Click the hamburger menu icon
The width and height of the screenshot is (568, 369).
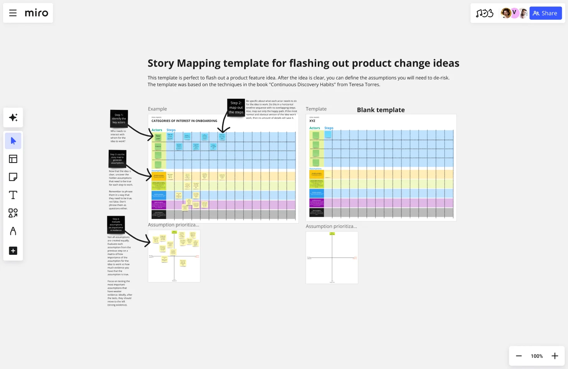pyautogui.click(x=13, y=13)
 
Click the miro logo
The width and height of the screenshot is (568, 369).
pyautogui.click(x=36, y=13)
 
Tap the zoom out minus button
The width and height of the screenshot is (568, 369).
pyautogui.click(x=518, y=356)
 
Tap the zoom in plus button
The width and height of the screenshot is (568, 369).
pyautogui.click(x=555, y=356)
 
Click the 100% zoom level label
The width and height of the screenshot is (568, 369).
pyautogui.click(x=537, y=356)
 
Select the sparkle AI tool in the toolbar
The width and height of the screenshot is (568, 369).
pyautogui.click(x=13, y=117)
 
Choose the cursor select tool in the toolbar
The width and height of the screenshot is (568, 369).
pyautogui.click(x=13, y=141)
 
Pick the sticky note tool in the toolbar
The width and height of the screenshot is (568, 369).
pyautogui.click(x=13, y=177)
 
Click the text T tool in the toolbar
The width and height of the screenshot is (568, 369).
pyautogui.click(x=13, y=195)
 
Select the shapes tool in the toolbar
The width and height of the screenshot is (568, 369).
pyautogui.click(x=13, y=213)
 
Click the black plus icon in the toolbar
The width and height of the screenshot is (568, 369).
pyautogui.click(x=13, y=251)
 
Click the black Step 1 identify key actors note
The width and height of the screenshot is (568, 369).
pyautogui.click(x=119, y=119)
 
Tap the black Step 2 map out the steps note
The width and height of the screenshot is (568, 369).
pyautogui.click(x=236, y=108)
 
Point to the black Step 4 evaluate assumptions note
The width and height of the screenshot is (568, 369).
pyautogui.click(x=116, y=224)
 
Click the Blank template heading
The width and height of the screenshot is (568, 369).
pyautogui.click(x=381, y=110)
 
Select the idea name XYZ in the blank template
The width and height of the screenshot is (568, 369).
pyautogui.click(x=312, y=121)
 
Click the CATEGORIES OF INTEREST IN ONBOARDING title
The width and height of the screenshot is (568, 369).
pyautogui.click(x=184, y=121)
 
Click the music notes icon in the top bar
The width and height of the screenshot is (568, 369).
pyautogui.click(x=484, y=13)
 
